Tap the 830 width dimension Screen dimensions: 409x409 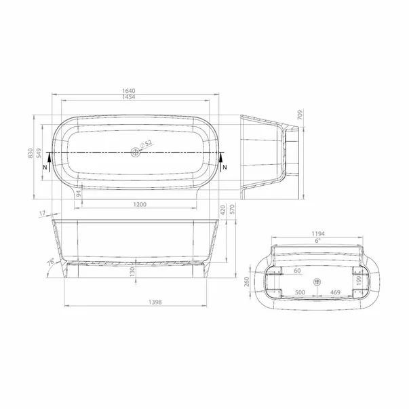[30, 155]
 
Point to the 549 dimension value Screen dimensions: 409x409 [39, 155]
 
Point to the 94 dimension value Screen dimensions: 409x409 [79, 195]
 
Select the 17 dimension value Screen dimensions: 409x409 [43, 214]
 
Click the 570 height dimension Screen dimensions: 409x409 [232, 208]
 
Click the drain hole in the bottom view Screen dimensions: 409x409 [317, 282]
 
